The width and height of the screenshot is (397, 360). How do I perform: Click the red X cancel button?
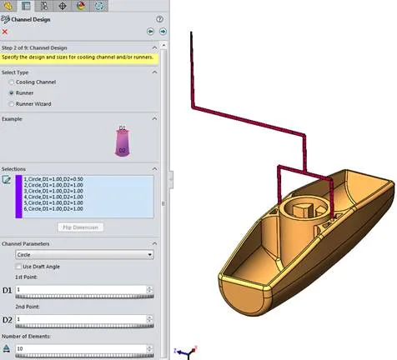tap(5, 31)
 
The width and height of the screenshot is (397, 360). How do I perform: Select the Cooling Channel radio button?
tap(11, 82)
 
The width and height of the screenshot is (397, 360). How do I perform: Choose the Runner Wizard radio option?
tap(11, 103)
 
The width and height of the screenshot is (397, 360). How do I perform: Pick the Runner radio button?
tap(11, 92)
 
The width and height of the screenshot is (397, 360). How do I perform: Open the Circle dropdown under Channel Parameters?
tap(83, 253)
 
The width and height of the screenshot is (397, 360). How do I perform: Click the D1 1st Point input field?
tap(83, 289)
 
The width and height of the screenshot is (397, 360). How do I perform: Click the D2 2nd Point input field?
tap(83, 318)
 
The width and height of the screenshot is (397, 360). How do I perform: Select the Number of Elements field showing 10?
tap(83, 348)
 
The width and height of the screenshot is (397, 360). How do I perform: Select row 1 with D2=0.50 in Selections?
tap(53, 179)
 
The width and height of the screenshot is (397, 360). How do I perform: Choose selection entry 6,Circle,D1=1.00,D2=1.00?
tap(53, 208)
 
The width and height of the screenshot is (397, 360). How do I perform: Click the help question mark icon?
tap(158, 18)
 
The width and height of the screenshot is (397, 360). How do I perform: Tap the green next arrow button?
tap(163, 31)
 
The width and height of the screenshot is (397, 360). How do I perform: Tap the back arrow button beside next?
tap(151, 31)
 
